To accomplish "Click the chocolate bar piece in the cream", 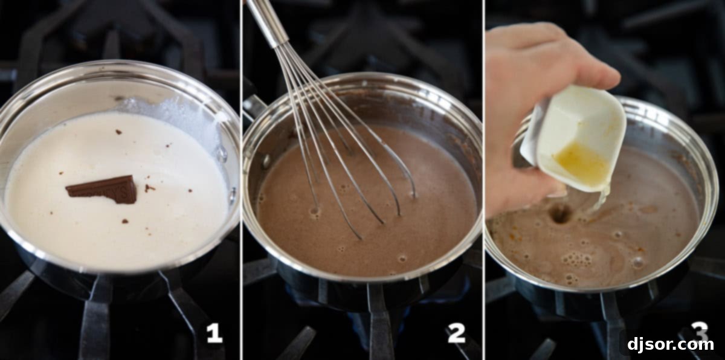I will (x=103, y=190).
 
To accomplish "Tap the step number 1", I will (x=214, y=333).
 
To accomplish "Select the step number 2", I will (x=456, y=333).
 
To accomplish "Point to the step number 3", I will (x=699, y=330).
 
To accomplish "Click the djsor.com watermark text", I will (x=670, y=345).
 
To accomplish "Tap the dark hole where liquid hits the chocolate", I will (x=561, y=213).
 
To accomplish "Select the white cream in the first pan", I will (x=121, y=230).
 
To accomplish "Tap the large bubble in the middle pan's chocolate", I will (x=314, y=212).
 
